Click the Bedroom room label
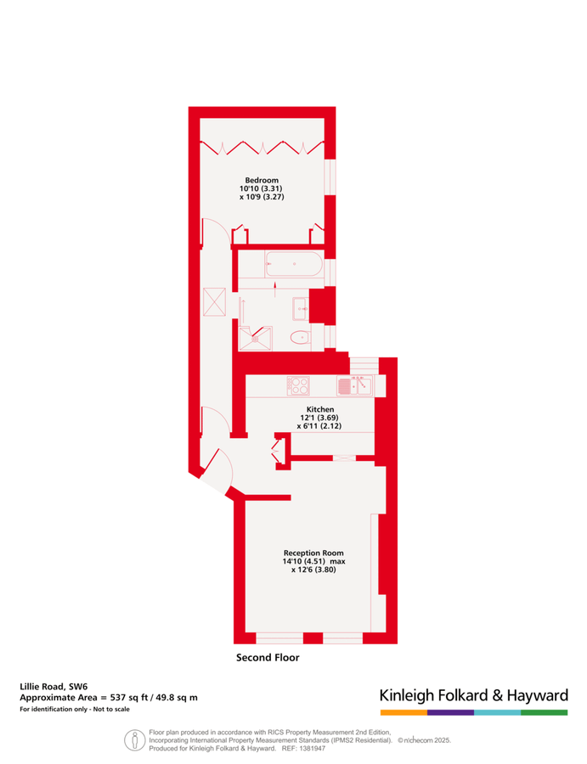coord(262,180)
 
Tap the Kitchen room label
coord(320,409)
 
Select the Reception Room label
coord(313,553)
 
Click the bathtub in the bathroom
coord(294,264)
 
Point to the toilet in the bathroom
coord(301,337)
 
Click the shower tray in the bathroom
coord(256,338)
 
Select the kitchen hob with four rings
coord(298,386)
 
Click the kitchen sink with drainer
coord(354,386)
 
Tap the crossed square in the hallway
coord(215,301)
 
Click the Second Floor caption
coord(268,657)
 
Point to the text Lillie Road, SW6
coord(54,687)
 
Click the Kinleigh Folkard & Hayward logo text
coord(474,695)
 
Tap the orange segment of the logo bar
coord(404,712)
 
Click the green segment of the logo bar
coord(544,712)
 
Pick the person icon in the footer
coord(134,740)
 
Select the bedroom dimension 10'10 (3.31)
coord(261,188)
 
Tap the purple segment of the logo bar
coord(450,712)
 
